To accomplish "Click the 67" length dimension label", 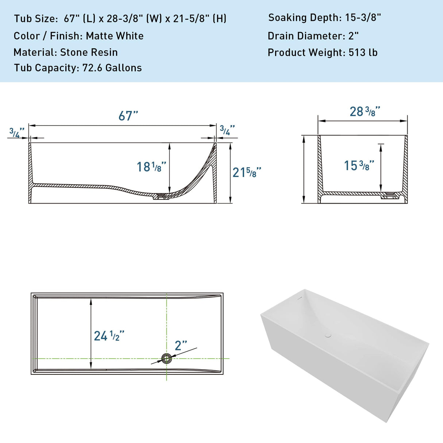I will [x=128, y=116].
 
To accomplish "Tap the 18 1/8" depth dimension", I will [x=151, y=167].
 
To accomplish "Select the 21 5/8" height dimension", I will [x=247, y=172].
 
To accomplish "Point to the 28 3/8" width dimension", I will [x=365, y=111].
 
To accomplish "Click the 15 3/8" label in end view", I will [x=359, y=165].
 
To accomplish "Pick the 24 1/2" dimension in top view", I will [x=109, y=336].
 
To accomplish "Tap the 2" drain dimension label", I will [x=181, y=345].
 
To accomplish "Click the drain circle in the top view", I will [x=167, y=358].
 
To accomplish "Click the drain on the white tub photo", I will [x=328, y=335].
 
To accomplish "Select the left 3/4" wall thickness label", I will [x=17, y=132].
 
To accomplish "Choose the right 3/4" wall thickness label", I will [x=227, y=130].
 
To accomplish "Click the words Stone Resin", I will [x=89, y=52].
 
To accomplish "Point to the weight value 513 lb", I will [x=363, y=53].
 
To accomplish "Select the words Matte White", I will [x=115, y=36].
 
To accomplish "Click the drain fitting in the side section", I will [x=161, y=197].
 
